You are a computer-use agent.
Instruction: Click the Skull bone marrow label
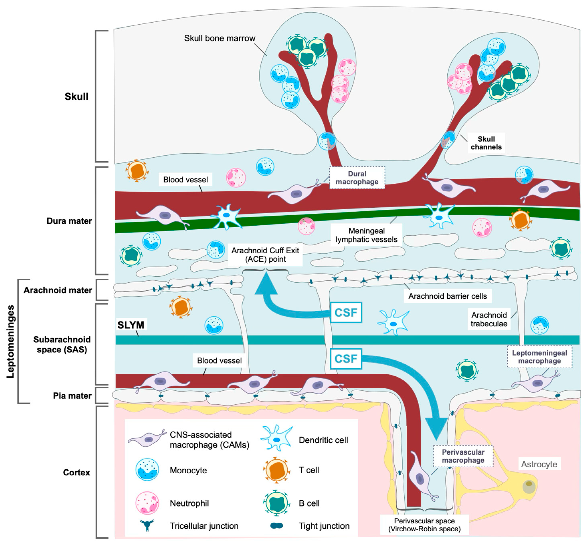pyautogui.click(x=219, y=38)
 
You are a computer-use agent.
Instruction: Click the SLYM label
pyautogui.click(x=131, y=325)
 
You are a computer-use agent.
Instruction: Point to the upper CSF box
pyautogui.click(x=346, y=312)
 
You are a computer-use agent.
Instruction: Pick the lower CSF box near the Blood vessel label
pyautogui.click(x=346, y=359)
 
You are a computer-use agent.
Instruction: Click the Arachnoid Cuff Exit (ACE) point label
pyautogui.click(x=265, y=255)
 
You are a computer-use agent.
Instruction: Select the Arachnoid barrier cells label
pyautogui.click(x=447, y=296)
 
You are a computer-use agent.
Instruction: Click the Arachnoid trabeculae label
pyautogui.click(x=489, y=319)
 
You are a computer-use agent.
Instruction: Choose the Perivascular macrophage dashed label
pyautogui.click(x=463, y=456)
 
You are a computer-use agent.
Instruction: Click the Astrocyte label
pyautogui.click(x=539, y=464)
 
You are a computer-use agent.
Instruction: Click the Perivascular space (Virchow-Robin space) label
pyautogui.click(x=424, y=525)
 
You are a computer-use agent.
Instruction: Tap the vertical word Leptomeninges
pyautogui.click(x=11, y=341)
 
